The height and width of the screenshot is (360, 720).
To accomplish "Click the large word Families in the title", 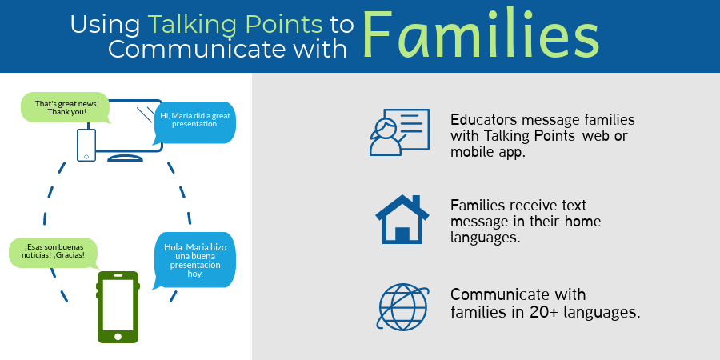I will point(480,36).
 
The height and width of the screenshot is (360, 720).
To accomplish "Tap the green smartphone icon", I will point(118,307).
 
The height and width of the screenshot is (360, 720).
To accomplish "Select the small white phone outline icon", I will point(86,145).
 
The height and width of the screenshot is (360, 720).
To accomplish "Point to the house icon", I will point(403,218).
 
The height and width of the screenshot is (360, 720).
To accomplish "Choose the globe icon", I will point(402,307).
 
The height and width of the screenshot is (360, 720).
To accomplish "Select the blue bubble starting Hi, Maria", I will point(194,120).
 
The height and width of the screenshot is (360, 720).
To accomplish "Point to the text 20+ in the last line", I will point(550,312).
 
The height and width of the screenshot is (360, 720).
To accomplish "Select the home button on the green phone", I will point(118,336).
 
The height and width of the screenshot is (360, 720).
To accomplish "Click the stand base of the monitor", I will point(126,158).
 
